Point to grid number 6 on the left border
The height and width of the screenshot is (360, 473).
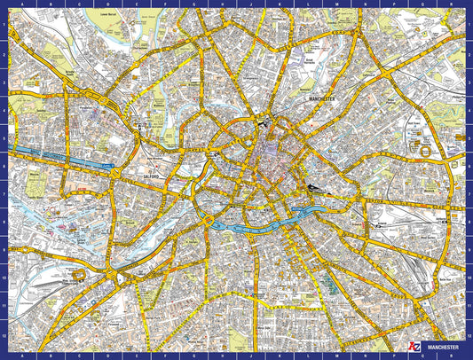pyautogui.click(x=4, y=166)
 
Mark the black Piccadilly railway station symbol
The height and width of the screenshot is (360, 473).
pyautogui.click(x=314, y=188)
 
